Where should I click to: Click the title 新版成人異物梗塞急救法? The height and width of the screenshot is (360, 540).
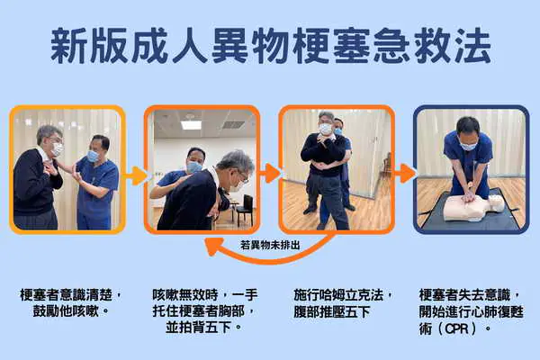[271, 46]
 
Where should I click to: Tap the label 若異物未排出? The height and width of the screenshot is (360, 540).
[270, 246]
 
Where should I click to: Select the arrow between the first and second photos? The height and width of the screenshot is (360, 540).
[135, 175]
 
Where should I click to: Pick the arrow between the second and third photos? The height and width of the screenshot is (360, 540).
[269, 174]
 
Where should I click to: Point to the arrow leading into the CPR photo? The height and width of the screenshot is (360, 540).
[404, 174]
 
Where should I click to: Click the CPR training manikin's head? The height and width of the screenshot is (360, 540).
[496, 203]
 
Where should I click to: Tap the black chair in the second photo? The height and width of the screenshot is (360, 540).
[244, 210]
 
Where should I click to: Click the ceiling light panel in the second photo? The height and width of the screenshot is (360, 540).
[191, 125]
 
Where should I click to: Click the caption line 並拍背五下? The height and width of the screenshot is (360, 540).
[203, 328]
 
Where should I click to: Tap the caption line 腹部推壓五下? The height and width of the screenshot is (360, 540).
[331, 311]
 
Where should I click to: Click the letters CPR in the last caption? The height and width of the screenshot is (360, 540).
[457, 328]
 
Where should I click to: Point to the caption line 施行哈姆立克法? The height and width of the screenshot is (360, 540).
[343, 295]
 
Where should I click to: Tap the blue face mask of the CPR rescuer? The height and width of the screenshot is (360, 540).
[468, 146]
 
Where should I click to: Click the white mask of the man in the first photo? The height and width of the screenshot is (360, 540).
[58, 149]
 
